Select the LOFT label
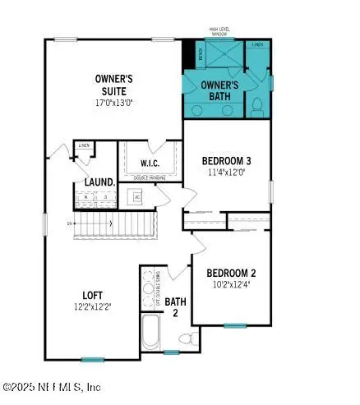pyautogui.click(x=91, y=295)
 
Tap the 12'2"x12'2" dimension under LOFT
pyautogui.click(x=91, y=307)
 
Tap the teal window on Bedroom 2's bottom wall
pyautogui.click(x=236, y=325)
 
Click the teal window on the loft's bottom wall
pyautogui.click(x=92, y=359)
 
